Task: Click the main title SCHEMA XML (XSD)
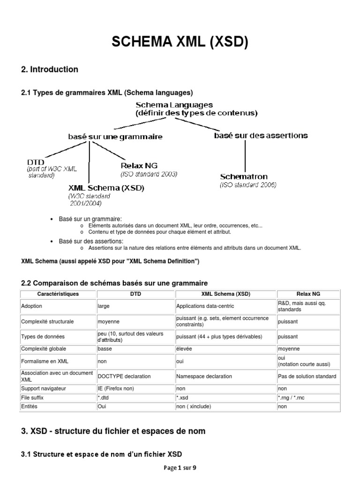click(x=180, y=43)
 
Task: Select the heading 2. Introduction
click(x=50, y=69)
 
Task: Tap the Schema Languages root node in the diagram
click(x=174, y=105)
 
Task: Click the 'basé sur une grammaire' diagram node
click(x=115, y=137)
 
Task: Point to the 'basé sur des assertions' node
click(x=261, y=135)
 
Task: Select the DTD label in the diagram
click(x=36, y=162)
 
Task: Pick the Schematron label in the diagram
click(x=244, y=177)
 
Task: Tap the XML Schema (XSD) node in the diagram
click(x=106, y=188)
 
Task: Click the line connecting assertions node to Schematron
click(x=245, y=156)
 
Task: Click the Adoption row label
click(x=32, y=306)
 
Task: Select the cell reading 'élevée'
click(x=184, y=349)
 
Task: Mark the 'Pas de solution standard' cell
click(x=307, y=376)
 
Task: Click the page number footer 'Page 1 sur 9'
click(x=180, y=468)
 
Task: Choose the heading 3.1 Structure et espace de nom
click(x=102, y=454)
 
